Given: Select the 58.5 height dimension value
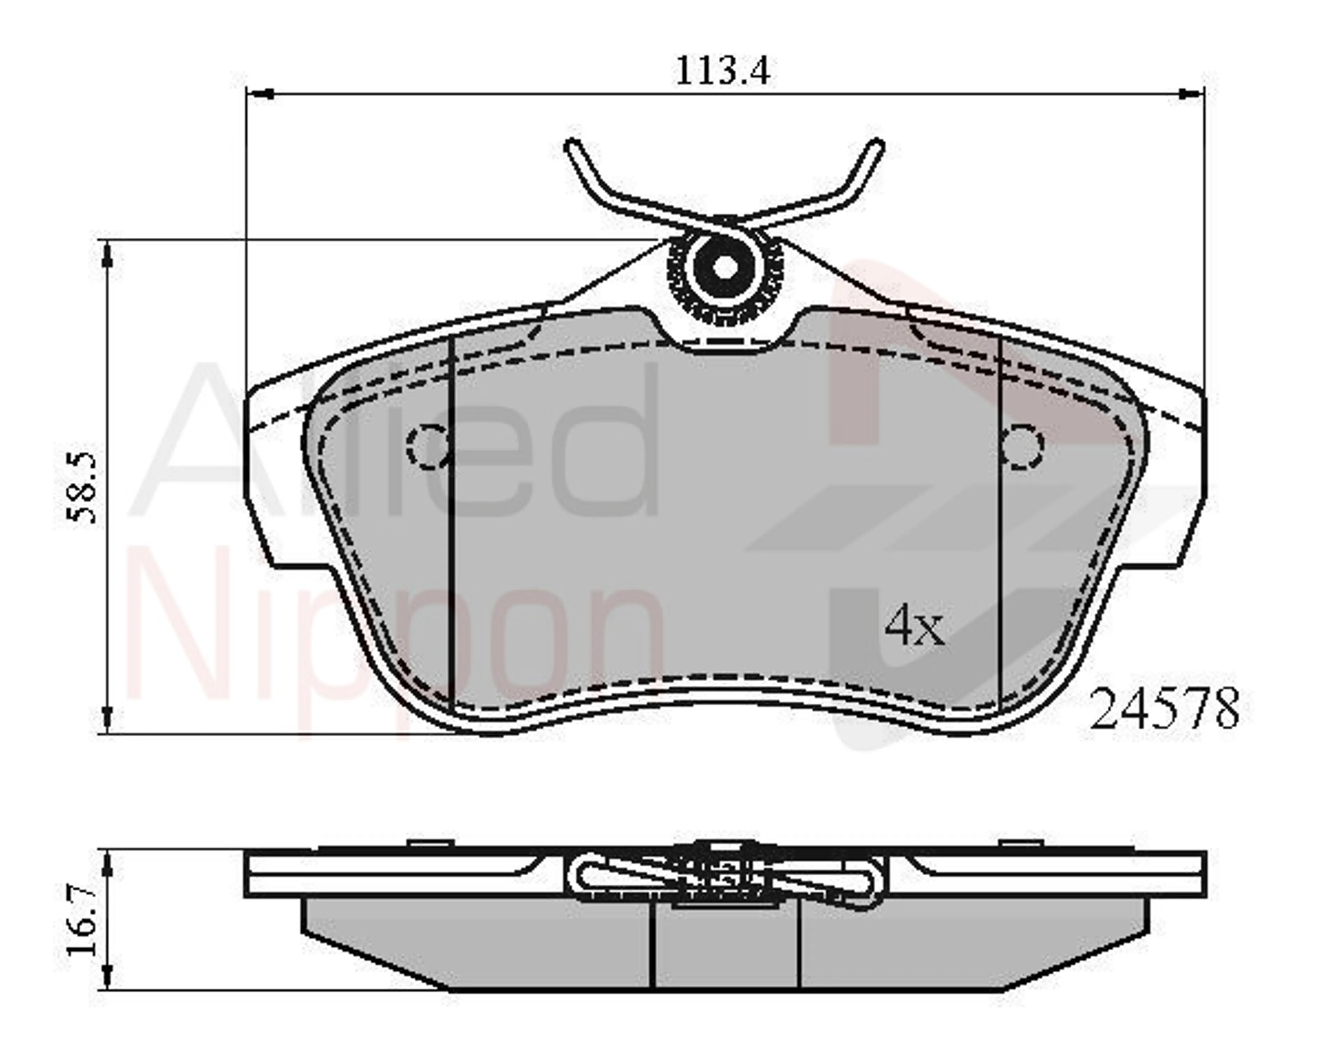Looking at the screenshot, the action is coord(83,489).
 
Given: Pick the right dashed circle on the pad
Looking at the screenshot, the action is coord(1022,446).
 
